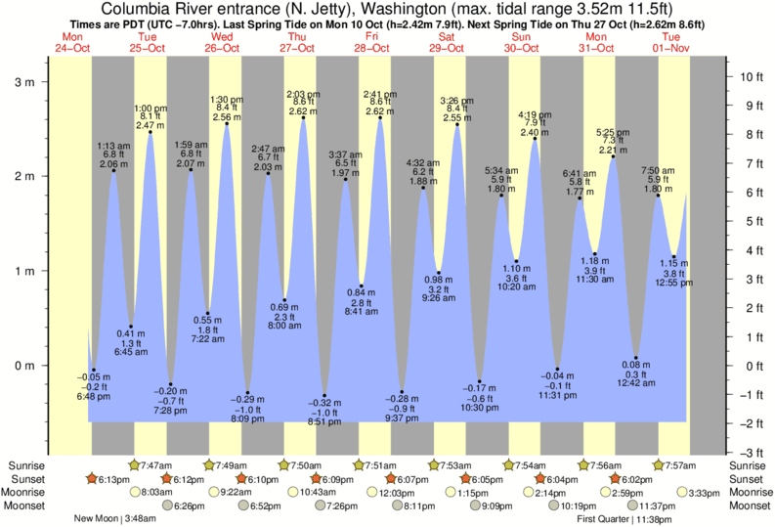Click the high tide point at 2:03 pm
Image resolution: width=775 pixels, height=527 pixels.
[x=303, y=118]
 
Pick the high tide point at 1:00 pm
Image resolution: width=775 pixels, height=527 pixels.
[x=150, y=132]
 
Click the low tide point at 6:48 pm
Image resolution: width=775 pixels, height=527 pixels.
[x=94, y=371]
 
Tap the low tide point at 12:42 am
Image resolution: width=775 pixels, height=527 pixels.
[x=635, y=358]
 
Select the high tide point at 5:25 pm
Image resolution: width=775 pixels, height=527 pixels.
[x=613, y=156]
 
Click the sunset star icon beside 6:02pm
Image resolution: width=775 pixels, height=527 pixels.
[x=615, y=479]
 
